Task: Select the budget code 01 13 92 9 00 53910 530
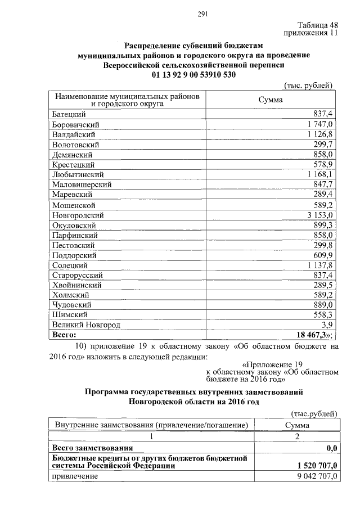click(x=193, y=74)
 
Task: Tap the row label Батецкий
click(x=69, y=114)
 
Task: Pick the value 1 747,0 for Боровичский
click(x=321, y=124)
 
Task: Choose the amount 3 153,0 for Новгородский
click(x=321, y=215)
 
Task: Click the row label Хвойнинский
click(x=76, y=286)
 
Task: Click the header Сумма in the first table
click(x=270, y=100)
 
